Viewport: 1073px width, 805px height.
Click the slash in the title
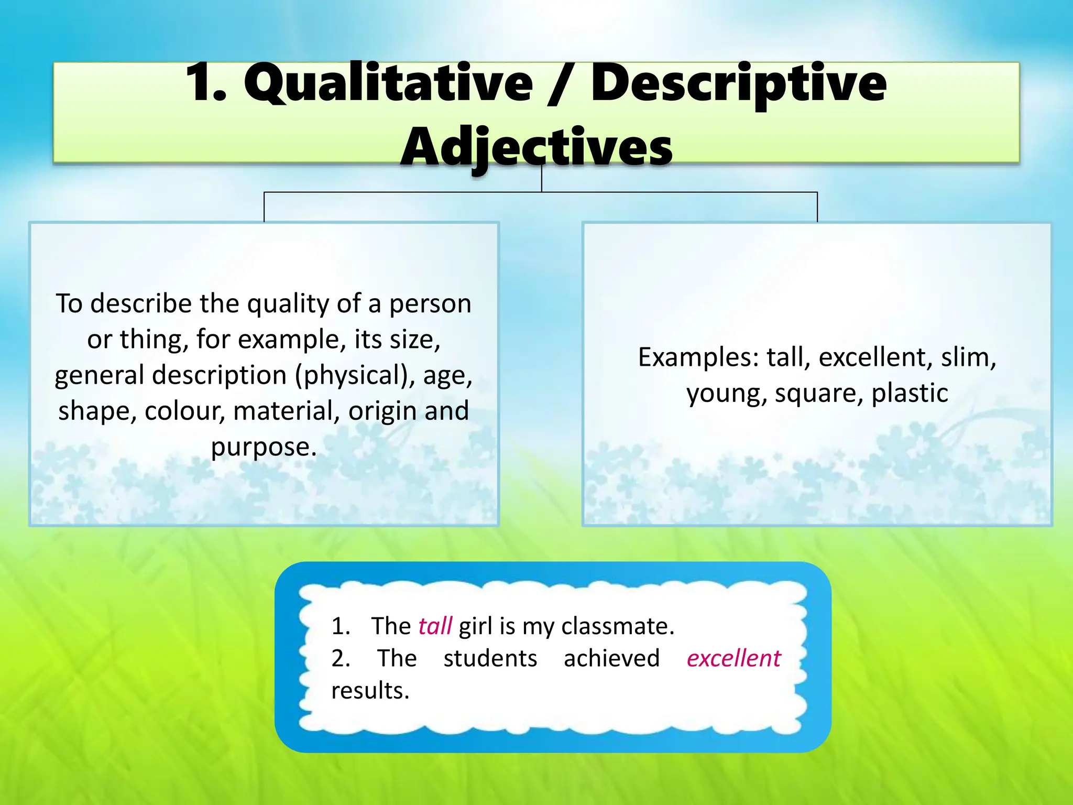(562, 84)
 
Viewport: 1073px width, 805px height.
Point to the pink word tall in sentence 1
(435, 626)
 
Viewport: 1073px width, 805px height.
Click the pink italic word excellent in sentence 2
(733, 659)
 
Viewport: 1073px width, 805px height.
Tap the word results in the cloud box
(370, 691)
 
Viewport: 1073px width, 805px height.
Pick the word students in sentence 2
(490, 659)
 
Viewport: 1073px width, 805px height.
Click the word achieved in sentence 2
(611, 659)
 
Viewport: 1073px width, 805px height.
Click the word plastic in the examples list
(910, 394)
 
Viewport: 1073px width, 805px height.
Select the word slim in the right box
(968, 358)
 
